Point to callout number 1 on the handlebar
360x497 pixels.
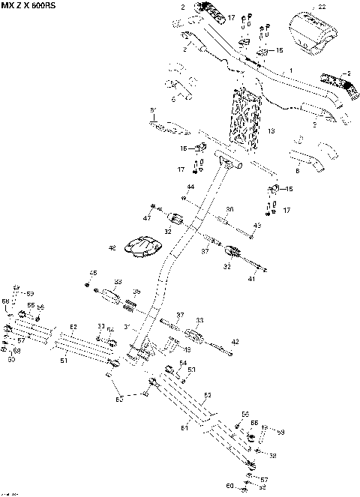(292, 70)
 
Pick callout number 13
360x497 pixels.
(271, 130)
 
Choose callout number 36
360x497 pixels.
(229, 210)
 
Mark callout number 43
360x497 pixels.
(256, 225)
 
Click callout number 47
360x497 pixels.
(148, 217)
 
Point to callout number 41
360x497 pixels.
(252, 279)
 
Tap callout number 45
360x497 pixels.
(94, 272)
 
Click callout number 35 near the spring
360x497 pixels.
(136, 292)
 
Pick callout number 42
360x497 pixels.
(235, 341)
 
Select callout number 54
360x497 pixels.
(181, 363)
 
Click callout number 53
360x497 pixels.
(191, 370)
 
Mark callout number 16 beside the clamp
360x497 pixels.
(183, 149)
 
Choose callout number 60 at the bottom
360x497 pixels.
(229, 487)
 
